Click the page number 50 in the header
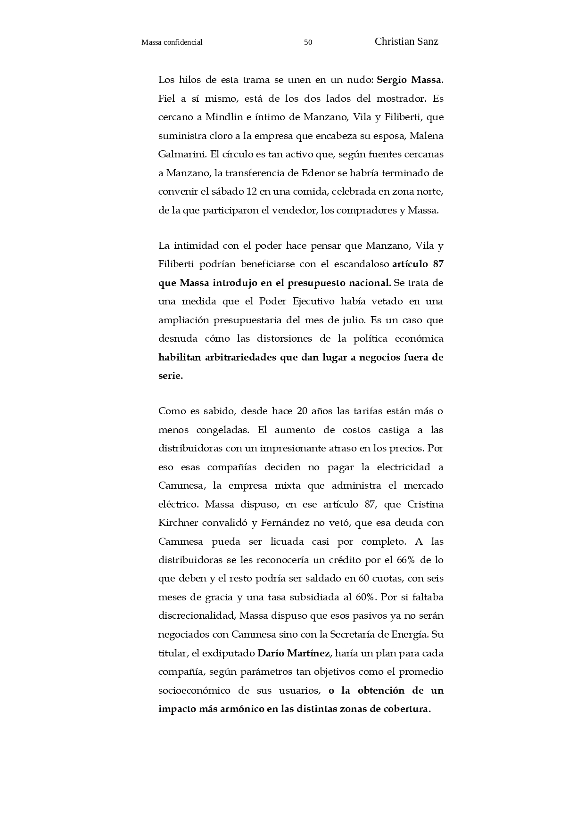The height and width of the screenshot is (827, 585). point(308,42)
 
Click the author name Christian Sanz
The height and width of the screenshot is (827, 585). point(406,41)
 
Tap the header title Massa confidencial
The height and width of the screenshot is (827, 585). point(172,42)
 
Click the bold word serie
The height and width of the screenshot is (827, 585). point(170,376)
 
